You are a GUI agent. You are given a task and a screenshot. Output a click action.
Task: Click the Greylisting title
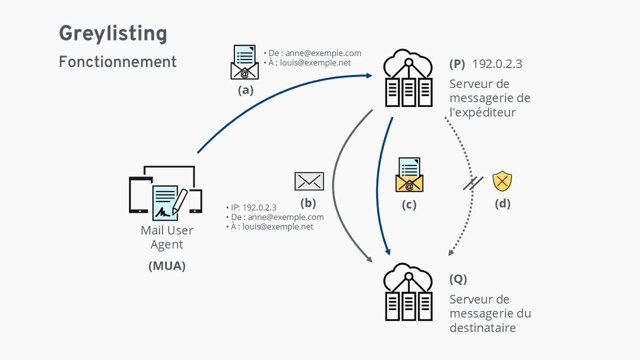pyautogui.click(x=113, y=34)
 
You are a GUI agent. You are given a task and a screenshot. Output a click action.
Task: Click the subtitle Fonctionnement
pyautogui.click(x=117, y=62)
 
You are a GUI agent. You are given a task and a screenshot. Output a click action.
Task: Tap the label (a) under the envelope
pyautogui.click(x=245, y=90)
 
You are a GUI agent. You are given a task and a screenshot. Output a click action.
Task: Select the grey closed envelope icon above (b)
pyautogui.click(x=309, y=181)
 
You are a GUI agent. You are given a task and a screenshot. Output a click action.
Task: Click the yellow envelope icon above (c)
pyautogui.click(x=409, y=175)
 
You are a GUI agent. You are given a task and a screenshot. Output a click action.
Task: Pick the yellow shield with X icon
pyautogui.click(x=502, y=181)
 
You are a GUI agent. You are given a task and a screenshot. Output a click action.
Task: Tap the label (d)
pyautogui.click(x=502, y=203)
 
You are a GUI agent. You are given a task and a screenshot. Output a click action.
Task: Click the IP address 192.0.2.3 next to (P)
pyautogui.click(x=497, y=64)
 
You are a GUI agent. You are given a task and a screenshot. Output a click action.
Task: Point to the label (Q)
pyautogui.click(x=458, y=279)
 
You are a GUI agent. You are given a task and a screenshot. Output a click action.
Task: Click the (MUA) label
pyautogui.click(x=167, y=266)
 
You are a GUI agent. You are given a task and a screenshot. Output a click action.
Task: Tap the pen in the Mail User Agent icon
pyautogui.click(x=179, y=201)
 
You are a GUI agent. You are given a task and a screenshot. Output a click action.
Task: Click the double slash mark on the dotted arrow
pyautogui.click(x=472, y=183)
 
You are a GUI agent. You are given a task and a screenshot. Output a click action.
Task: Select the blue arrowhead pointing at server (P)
pyautogui.click(x=369, y=75)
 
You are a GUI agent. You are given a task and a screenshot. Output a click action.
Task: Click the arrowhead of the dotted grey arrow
pyautogui.click(x=450, y=252)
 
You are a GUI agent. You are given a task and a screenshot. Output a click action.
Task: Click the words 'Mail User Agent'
pyautogui.click(x=167, y=237)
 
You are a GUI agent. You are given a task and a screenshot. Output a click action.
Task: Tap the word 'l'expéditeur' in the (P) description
pyautogui.click(x=482, y=112)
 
